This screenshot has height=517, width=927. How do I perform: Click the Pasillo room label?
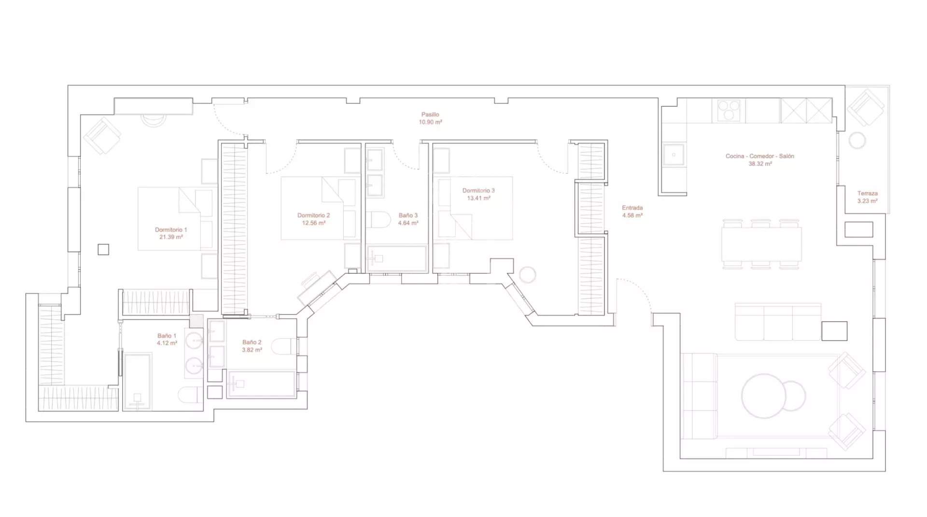click(430, 114)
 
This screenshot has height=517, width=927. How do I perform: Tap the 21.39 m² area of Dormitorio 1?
click(171, 237)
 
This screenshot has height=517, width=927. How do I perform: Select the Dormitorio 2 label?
click(313, 215)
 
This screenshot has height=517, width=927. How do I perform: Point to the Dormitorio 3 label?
click(478, 190)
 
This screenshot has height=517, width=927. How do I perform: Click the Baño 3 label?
click(408, 215)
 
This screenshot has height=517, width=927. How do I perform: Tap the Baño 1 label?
click(167, 335)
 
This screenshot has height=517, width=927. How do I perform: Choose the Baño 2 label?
click(252, 342)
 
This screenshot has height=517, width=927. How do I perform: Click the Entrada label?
click(632, 208)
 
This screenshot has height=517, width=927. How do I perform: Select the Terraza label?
click(867, 193)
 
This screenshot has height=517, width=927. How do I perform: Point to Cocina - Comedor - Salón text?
click(759, 156)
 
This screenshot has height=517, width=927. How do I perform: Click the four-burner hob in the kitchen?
click(729, 110)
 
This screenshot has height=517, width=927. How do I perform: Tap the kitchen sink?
click(674, 155)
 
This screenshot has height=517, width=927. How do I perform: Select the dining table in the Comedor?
click(761, 244)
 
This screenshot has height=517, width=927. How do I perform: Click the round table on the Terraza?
click(857, 140)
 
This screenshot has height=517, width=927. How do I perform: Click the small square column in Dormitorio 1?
click(103, 249)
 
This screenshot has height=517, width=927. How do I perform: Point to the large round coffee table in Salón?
click(764, 396)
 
